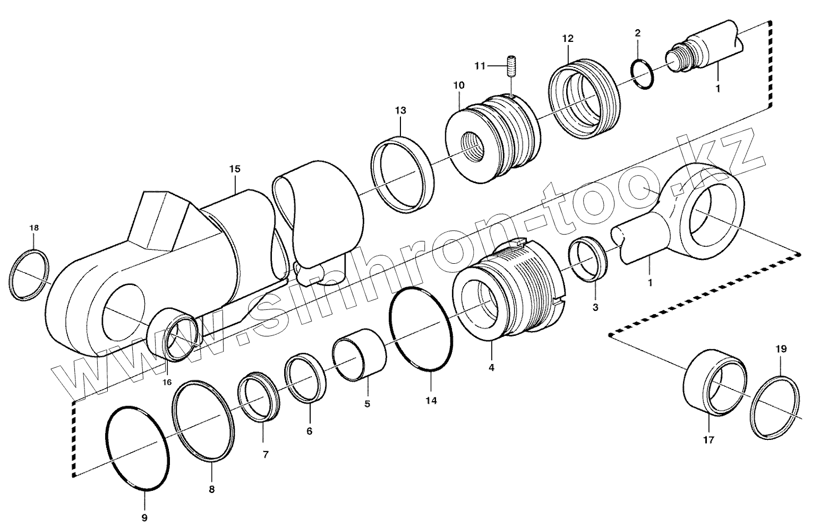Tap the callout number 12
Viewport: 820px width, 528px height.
click(x=568, y=38)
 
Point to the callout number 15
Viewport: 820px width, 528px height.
click(x=235, y=169)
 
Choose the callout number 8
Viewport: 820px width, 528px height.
click(x=211, y=489)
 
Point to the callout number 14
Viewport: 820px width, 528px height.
click(x=431, y=401)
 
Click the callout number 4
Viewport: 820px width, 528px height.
click(x=491, y=367)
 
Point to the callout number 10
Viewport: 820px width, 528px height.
click(x=459, y=85)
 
